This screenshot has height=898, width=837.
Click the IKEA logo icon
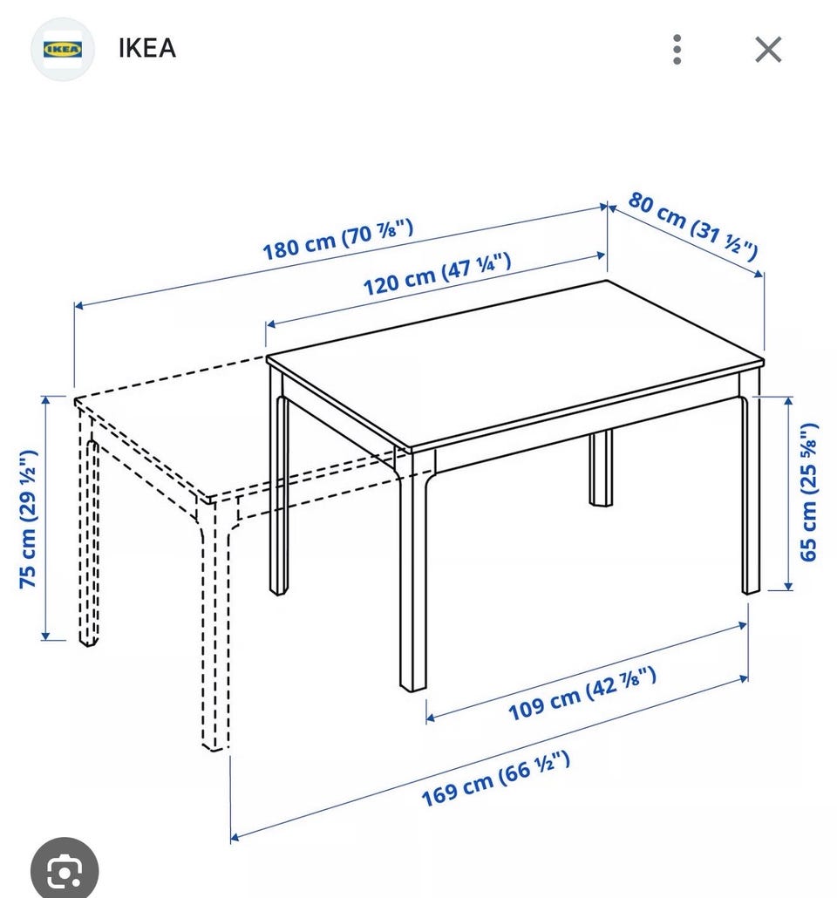pos(63,49)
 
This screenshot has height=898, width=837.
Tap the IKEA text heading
pos(146,48)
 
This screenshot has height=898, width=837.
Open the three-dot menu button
pos(677,49)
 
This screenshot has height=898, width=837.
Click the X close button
pos(768,49)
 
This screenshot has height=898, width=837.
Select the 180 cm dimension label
pos(337,240)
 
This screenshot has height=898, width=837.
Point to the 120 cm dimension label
pos(437,274)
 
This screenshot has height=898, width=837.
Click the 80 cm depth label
pos(693,225)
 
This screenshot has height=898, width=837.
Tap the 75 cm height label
pos(29,519)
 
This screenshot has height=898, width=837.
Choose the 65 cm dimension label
pos(808,492)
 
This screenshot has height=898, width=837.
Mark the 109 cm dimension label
pos(582,693)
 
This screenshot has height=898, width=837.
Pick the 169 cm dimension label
pos(495,779)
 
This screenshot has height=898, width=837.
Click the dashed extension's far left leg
pos(88,530)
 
